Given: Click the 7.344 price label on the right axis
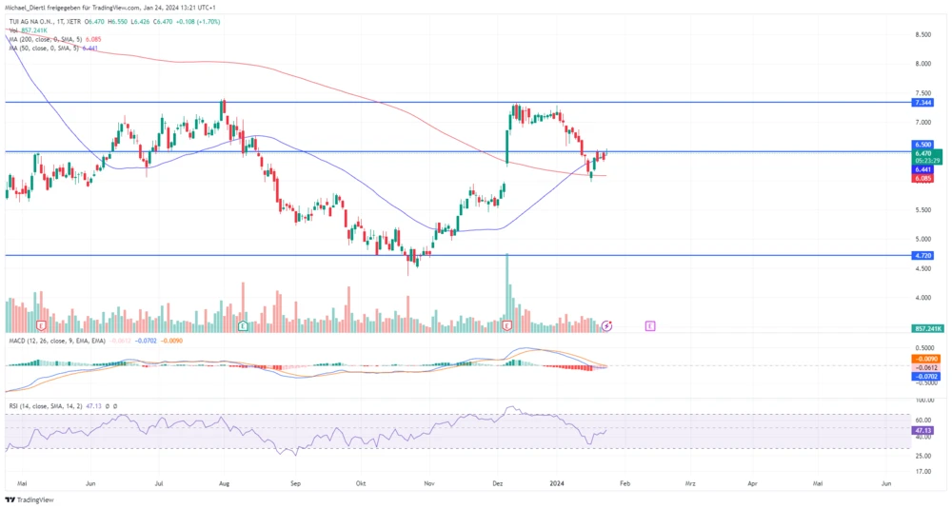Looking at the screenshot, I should [922, 102].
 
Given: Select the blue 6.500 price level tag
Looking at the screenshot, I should [922, 144].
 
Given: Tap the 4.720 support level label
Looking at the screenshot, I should [922, 256].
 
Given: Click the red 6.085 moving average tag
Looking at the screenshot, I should [922, 178].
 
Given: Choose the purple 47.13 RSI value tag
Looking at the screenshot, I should [922, 430].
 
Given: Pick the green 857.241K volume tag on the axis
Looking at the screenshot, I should [926, 328].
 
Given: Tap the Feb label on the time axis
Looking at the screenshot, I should [625, 483].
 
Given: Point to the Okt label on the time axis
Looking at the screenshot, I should [360, 483].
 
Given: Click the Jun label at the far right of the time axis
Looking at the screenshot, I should [886, 483].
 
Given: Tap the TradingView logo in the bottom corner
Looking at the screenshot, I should [30, 499].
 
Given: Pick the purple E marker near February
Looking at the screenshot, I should [650, 325].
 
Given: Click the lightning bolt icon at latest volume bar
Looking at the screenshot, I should [606, 325].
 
